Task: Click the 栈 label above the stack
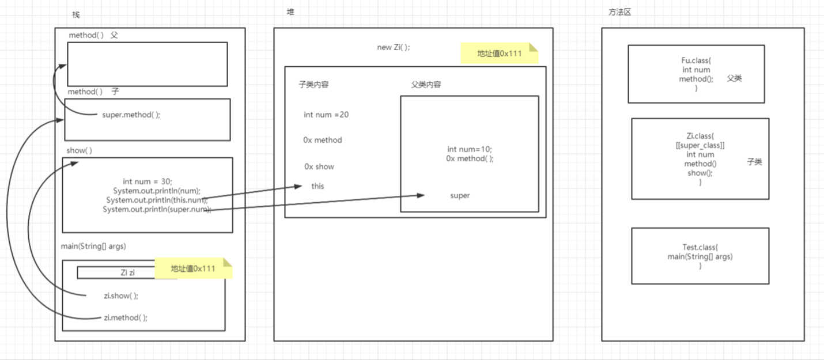click(x=76, y=14)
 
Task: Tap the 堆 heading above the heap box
click(x=290, y=12)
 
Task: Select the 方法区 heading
click(x=620, y=12)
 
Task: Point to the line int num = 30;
click(x=148, y=181)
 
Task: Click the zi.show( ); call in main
click(x=121, y=295)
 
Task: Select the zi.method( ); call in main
click(x=126, y=317)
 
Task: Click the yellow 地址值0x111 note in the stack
click(x=192, y=268)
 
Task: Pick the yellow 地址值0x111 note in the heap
click(x=499, y=54)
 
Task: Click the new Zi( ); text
click(x=394, y=47)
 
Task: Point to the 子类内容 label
click(x=313, y=85)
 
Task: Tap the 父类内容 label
click(x=426, y=85)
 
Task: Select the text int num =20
click(x=326, y=115)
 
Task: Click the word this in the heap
click(x=317, y=186)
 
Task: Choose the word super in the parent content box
click(x=460, y=195)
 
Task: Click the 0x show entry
click(x=319, y=166)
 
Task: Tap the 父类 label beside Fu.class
click(x=734, y=78)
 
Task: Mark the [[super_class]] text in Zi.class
click(x=700, y=145)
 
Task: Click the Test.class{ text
click(x=700, y=247)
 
